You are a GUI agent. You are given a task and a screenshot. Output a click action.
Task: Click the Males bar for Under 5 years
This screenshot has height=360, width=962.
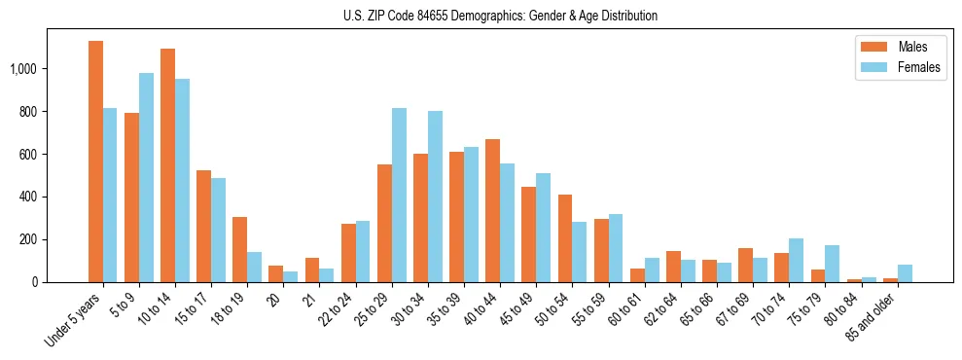tap(95, 162)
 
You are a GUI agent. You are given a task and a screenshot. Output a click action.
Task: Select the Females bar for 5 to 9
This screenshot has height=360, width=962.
tap(146, 177)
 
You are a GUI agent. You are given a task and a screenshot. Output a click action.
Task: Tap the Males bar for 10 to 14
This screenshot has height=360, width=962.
tap(167, 165)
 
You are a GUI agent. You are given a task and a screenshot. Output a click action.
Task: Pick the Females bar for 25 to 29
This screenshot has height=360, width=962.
tap(399, 195)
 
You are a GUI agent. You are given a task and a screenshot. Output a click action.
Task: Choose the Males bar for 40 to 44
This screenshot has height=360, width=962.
tap(492, 210)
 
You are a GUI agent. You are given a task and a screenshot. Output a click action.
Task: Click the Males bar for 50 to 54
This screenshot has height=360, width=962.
tap(564, 238)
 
